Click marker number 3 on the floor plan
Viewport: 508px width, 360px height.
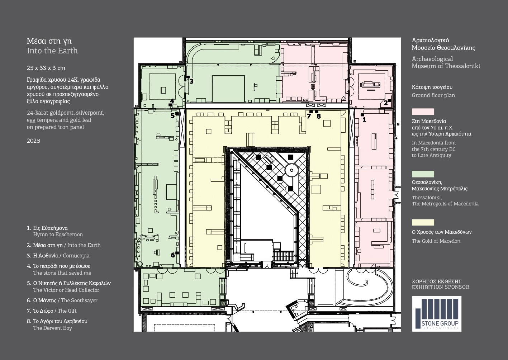(191, 81)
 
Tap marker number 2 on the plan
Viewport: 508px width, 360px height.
(385, 103)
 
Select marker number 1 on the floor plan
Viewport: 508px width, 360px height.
(364, 119)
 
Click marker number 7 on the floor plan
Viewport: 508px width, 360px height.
(309, 116)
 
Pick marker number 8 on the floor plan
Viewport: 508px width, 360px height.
(319, 117)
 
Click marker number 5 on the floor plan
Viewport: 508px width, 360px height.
(172, 116)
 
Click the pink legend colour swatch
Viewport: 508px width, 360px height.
(423, 112)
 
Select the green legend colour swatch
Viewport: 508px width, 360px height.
(423, 174)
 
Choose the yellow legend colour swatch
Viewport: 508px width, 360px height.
(423, 222)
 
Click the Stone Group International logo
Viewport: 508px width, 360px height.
(437, 314)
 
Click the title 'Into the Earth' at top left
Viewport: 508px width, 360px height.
(52, 51)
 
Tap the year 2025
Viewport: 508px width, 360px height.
(34, 141)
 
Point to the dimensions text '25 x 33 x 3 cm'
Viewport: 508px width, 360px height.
(46, 68)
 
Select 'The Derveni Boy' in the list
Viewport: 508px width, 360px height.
(53, 328)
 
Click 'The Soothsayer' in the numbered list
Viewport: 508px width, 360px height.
(79, 300)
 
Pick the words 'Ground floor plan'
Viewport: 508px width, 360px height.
(433, 95)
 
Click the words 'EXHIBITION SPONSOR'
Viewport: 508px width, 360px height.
(441, 287)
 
